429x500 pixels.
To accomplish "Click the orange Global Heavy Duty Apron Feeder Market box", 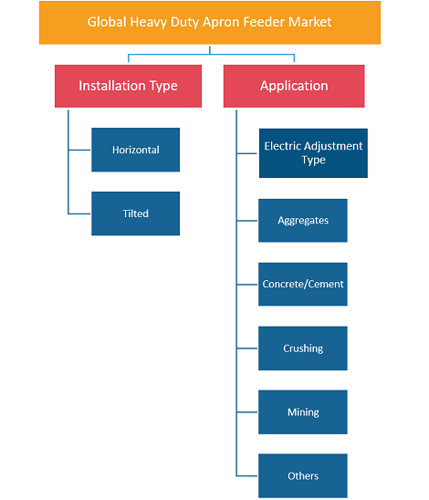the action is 210,23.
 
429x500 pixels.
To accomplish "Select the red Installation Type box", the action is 128,86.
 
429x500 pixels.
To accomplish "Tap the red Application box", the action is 294,86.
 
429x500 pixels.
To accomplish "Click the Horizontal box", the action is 136,150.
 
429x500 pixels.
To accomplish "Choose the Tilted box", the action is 136,214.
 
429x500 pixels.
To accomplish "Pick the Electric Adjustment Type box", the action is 313,153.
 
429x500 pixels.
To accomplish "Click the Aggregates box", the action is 303,220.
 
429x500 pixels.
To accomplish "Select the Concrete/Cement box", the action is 303,284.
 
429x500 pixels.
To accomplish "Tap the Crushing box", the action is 303,349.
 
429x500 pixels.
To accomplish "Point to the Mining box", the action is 303,412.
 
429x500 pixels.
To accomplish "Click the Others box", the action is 303,475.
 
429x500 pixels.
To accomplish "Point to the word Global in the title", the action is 107,22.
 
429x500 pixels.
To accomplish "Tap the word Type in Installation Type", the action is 163,87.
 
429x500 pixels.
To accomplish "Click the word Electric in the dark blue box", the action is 282,146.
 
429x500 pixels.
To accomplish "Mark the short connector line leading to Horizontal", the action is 79,150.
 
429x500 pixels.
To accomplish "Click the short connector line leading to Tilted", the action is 79,214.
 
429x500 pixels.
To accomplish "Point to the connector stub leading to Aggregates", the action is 247,220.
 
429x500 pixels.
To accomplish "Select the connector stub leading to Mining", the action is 247,412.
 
